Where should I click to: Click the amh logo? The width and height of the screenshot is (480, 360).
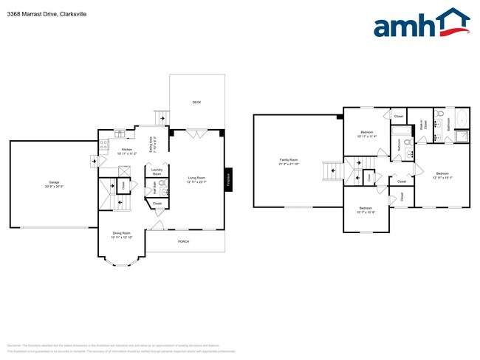[422, 24]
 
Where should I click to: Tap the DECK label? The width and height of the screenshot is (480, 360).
[196, 103]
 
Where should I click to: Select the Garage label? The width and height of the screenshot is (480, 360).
[54, 183]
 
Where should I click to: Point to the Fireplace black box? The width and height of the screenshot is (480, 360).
[228, 178]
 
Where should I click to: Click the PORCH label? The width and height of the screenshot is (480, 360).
[184, 241]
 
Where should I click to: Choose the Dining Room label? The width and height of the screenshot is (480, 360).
[121, 235]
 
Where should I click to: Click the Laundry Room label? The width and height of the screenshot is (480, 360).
[157, 171]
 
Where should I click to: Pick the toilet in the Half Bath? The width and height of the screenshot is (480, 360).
[162, 183]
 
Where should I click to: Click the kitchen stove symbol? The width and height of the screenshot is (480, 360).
[105, 143]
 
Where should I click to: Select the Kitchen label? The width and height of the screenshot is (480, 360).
[126, 151]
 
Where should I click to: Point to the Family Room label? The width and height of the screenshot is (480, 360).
[288, 162]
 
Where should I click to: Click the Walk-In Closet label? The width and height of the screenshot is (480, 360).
[422, 125]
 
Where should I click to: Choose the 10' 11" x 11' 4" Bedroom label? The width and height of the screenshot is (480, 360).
[366, 134]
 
